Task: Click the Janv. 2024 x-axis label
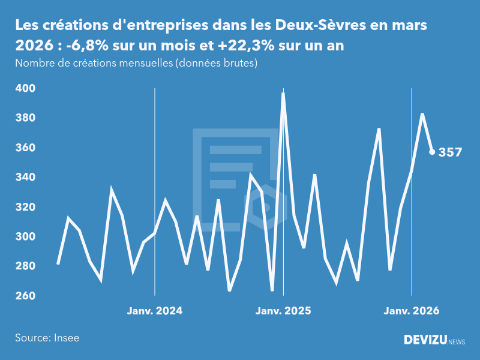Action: click(155, 311)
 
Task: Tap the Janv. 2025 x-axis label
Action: click(283, 311)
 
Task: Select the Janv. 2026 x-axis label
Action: click(412, 311)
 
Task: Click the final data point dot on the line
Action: click(432, 152)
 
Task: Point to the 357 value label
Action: click(450, 152)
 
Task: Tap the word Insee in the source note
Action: click(65, 338)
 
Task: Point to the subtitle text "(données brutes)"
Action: click(216, 63)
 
